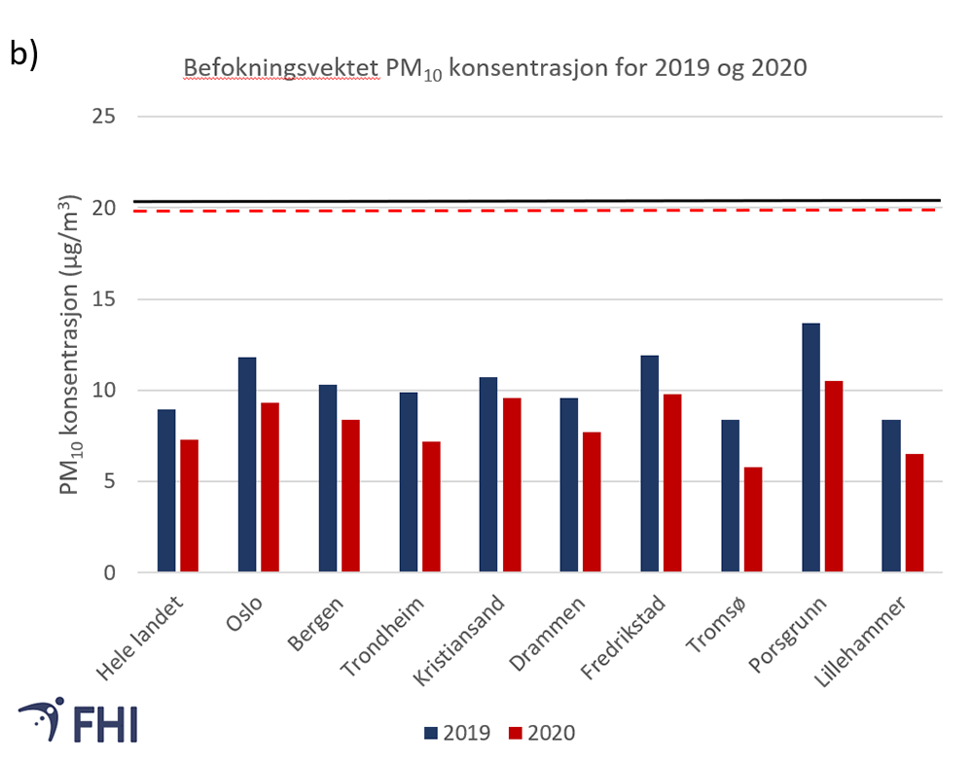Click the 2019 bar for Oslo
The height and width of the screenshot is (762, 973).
(247, 465)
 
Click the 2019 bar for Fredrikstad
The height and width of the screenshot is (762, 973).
(650, 464)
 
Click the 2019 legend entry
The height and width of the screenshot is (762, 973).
(457, 732)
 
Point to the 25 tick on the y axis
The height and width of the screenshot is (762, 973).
(102, 117)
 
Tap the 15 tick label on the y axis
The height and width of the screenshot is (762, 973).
(102, 299)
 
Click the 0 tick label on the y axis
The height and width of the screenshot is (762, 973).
(109, 572)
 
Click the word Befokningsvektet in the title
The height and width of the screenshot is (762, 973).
(280, 70)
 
